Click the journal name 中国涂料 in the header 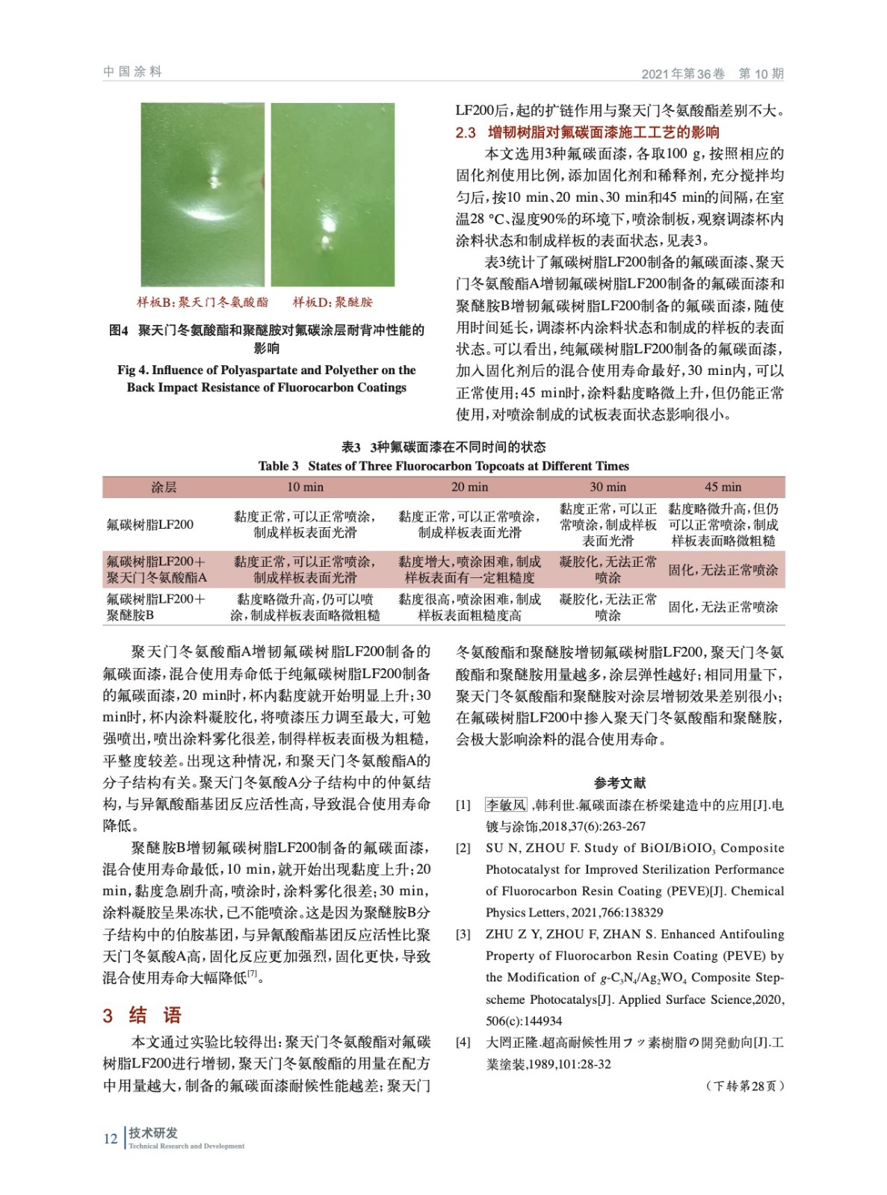coord(132,72)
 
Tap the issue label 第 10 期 coord(761,73)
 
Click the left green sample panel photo coord(203,194)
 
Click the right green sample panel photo coord(333,194)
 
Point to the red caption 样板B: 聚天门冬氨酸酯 coord(202,302)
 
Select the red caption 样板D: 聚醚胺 coord(333,302)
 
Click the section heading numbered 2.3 coord(587,132)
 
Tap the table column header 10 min coord(305,487)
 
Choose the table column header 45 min coord(723,487)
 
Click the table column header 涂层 coord(164,487)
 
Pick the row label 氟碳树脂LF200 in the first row coord(150,524)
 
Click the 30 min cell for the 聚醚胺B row coord(608,606)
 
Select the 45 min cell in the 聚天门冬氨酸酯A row coord(723,570)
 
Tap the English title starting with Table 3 coord(443,466)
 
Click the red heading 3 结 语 coord(142,1015)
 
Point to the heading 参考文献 coord(619,783)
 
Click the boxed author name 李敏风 coord(506,804)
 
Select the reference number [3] coord(463,934)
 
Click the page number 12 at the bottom coord(111,1138)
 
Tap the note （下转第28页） coord(745,1086)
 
